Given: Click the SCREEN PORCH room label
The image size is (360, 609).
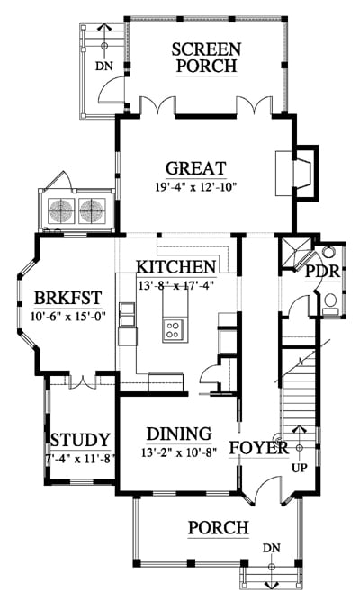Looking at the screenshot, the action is [x=206, y=58].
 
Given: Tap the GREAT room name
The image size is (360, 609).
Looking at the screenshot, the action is [x=196, y=168].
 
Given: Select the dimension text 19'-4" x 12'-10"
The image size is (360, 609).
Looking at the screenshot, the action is [x=196, y=188].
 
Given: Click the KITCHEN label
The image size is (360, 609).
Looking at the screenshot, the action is [x=176, y=267].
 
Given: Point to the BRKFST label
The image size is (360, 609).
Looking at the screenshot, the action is [x=68, y=298].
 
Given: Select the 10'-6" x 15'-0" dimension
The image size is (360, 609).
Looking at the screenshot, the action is [x=68, y=316].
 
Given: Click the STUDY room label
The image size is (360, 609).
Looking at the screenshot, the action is [x=80, y=440].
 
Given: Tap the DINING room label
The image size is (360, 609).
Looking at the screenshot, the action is [x=179, y=434].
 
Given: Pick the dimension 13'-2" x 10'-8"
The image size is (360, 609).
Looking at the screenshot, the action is [x=179, y=452].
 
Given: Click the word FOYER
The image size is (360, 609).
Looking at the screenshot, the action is [x=258, y=448].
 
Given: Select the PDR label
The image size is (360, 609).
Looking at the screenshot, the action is [x=322, y=271].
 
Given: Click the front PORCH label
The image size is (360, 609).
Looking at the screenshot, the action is [x=219, y=528].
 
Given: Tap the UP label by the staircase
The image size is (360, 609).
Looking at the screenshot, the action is [x=300, y=468].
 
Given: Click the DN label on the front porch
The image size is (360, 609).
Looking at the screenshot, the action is [x=272, y=548].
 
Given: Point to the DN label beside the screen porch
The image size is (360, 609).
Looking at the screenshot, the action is [x=104, y=66].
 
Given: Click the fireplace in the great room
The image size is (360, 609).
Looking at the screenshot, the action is [x=298, y=173].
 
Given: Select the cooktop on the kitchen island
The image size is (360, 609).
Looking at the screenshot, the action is [x=174, y=330].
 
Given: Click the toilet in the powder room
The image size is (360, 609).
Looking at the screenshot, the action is [x=330, y=303].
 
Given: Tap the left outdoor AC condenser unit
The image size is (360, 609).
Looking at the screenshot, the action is [x=61, y=210].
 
